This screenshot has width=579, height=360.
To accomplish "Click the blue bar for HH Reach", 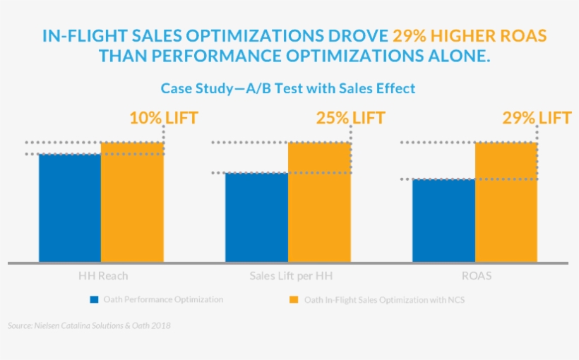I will click(x=70, y=208).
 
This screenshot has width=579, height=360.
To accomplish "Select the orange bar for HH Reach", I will click(x=132, y=203).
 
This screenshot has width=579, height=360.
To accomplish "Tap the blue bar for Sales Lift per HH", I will click(x=256, y=217).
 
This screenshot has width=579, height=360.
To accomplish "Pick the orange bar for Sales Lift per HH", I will click(x=319, y=203).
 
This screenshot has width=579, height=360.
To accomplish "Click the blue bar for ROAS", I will click(x=443, y=221).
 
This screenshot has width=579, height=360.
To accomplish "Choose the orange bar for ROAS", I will click(x=506, y=203).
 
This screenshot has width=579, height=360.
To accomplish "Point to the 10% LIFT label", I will click(x=163, y=118).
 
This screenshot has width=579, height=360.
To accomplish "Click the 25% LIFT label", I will click(x=350, y=118).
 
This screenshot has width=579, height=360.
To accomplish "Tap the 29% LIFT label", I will click(x=537, y=118).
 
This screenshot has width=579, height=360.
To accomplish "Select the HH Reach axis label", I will click(x=103, y=275).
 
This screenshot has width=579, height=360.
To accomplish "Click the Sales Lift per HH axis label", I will click(x=287, y=275).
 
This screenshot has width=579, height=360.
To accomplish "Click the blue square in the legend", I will click(x=94, y=300).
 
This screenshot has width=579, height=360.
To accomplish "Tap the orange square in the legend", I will click(x=294, y=300).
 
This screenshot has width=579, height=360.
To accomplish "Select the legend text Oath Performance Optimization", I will click(x=163, y=300).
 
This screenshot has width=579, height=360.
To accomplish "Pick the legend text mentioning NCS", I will click(x=384, y=300).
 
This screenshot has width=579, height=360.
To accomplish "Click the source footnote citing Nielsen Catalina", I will click(x=89, y=326).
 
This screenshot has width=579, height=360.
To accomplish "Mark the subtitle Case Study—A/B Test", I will click(x=287, y=88).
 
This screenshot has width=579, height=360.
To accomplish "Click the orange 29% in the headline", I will click(x=409, y=35).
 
